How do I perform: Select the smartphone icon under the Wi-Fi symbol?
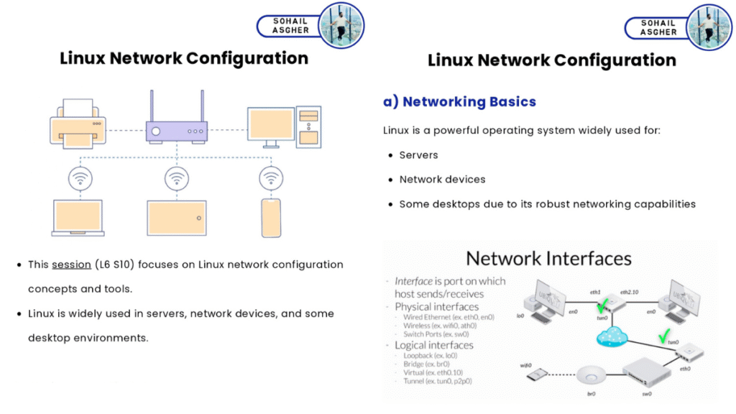[x=270, y=218]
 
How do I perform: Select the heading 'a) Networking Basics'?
[x=459, y=101]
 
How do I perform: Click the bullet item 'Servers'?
[x=418, y=155]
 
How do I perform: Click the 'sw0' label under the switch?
[x=646, y=394]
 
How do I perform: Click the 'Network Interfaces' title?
[x=548, y=258]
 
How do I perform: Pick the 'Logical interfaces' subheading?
[x=434, y=345]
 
